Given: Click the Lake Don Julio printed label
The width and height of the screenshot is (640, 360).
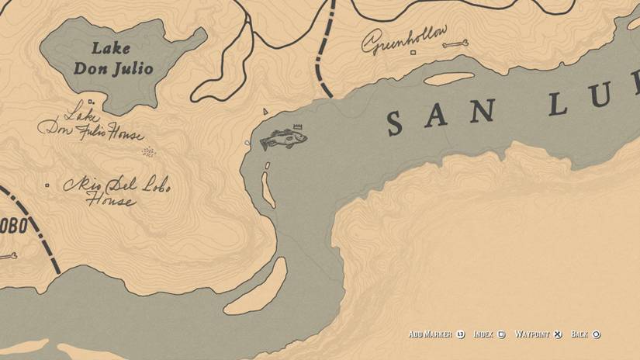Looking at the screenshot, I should point(113,59).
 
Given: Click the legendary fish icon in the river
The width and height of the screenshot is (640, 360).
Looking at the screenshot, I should point(282,140).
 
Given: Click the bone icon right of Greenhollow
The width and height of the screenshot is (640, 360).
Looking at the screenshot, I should point(455,45).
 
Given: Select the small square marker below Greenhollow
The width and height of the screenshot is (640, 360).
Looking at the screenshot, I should point(413,54).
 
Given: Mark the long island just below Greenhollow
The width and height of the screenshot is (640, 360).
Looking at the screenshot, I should point(448,78).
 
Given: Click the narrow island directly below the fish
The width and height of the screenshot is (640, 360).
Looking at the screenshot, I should point(268,189).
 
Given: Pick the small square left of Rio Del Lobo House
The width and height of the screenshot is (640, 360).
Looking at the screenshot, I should point(48,185).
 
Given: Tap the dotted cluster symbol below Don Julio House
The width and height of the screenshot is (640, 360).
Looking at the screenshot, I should point(149,152).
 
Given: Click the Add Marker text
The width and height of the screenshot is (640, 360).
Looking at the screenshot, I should point(431,334).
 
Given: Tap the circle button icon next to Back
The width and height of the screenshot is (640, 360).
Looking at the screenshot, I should point(597,334).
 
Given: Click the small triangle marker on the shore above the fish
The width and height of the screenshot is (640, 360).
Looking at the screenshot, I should point(265,112).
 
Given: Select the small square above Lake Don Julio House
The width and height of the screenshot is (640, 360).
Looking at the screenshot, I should point(91,102).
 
